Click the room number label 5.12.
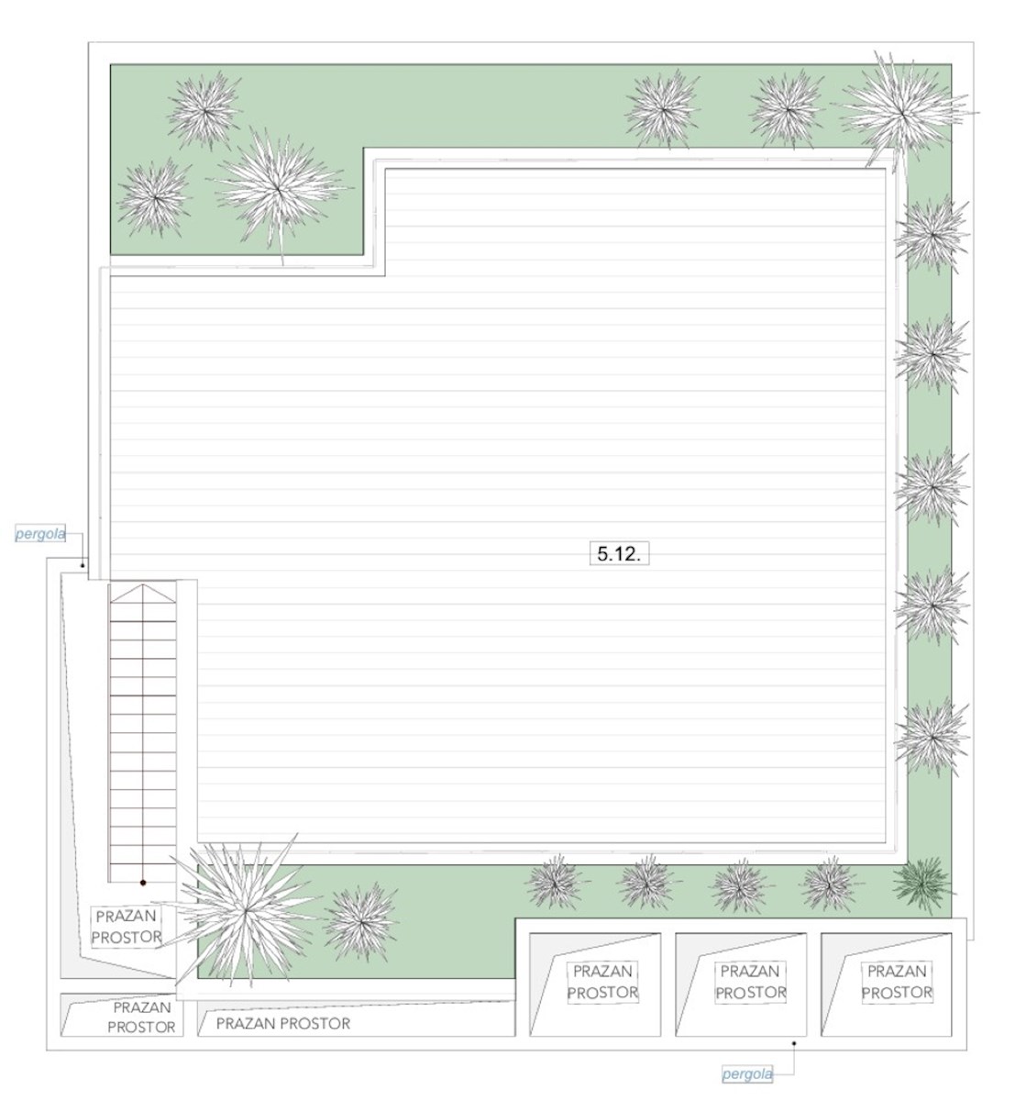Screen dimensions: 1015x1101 (x=618, y=553)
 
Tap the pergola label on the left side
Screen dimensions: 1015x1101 (x=40, y=534)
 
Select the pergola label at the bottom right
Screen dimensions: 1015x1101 (x=747, y=1074)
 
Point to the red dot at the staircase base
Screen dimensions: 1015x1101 (x=143, y=882)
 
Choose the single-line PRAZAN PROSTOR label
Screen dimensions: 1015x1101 (x=283, y=1023)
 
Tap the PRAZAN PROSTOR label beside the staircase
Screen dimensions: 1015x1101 (x=127, y=927)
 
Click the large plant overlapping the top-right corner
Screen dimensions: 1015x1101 (x=903, y=113)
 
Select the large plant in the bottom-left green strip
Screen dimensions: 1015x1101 (x=246, y=911)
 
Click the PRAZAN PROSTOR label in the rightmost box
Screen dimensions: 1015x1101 (x=897, y=982)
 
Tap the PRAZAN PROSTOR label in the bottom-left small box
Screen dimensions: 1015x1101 (x=142, y=1018)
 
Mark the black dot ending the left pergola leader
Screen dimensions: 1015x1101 (x=82, y=565)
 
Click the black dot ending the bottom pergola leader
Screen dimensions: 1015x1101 (x=793, y=1043)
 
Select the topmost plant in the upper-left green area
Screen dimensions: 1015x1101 (x=205, y=110)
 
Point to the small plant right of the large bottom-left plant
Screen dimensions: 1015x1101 (x=361, y=922)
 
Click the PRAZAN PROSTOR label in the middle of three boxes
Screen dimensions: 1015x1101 (x=750, y=982)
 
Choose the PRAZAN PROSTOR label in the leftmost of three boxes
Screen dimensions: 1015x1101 (x=602, y=982)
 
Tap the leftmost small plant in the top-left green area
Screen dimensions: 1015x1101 (x=155, y=198)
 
